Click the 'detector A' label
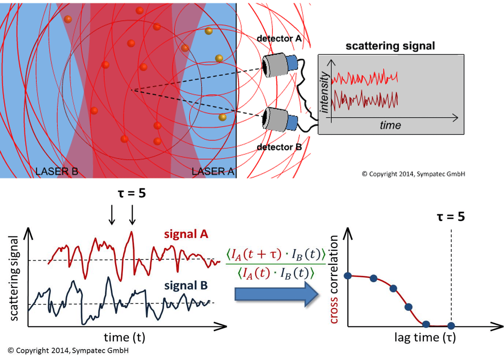[279, 38]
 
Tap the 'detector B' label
[279, 147]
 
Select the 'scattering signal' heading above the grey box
[390, 46]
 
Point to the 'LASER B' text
[57, 171]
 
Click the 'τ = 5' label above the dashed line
[448, 216]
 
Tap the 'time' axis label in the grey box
[390, 125]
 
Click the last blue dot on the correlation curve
[450, 324]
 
